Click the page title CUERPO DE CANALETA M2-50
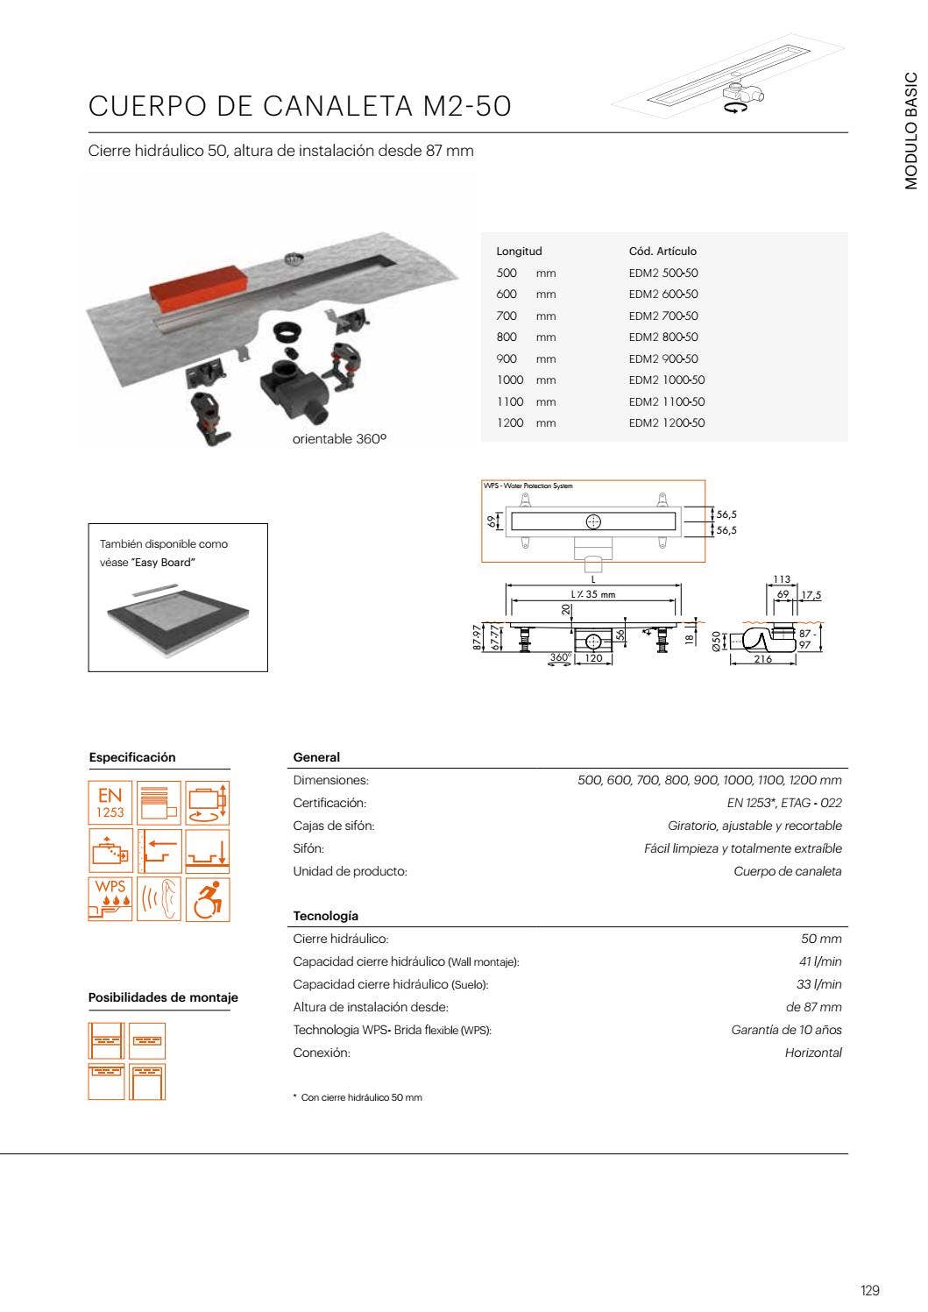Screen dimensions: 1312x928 300,106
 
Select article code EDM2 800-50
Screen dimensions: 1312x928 663,337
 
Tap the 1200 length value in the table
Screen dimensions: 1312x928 509,423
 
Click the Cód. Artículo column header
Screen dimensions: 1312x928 662,252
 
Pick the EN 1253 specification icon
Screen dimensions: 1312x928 110,803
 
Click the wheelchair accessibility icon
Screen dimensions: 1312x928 208,899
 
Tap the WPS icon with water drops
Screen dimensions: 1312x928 110,899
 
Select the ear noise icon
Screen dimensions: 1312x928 159,899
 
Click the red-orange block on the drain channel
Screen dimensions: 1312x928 200,281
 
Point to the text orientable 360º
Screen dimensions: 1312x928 339,439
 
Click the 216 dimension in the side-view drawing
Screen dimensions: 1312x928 762,659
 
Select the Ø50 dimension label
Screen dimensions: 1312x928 716,640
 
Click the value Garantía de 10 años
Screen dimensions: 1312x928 786,1030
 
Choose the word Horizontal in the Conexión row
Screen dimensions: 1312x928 813,1053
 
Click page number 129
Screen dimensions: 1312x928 869,1290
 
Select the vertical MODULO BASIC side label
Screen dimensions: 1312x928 911,131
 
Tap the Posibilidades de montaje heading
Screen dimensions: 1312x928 163,997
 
